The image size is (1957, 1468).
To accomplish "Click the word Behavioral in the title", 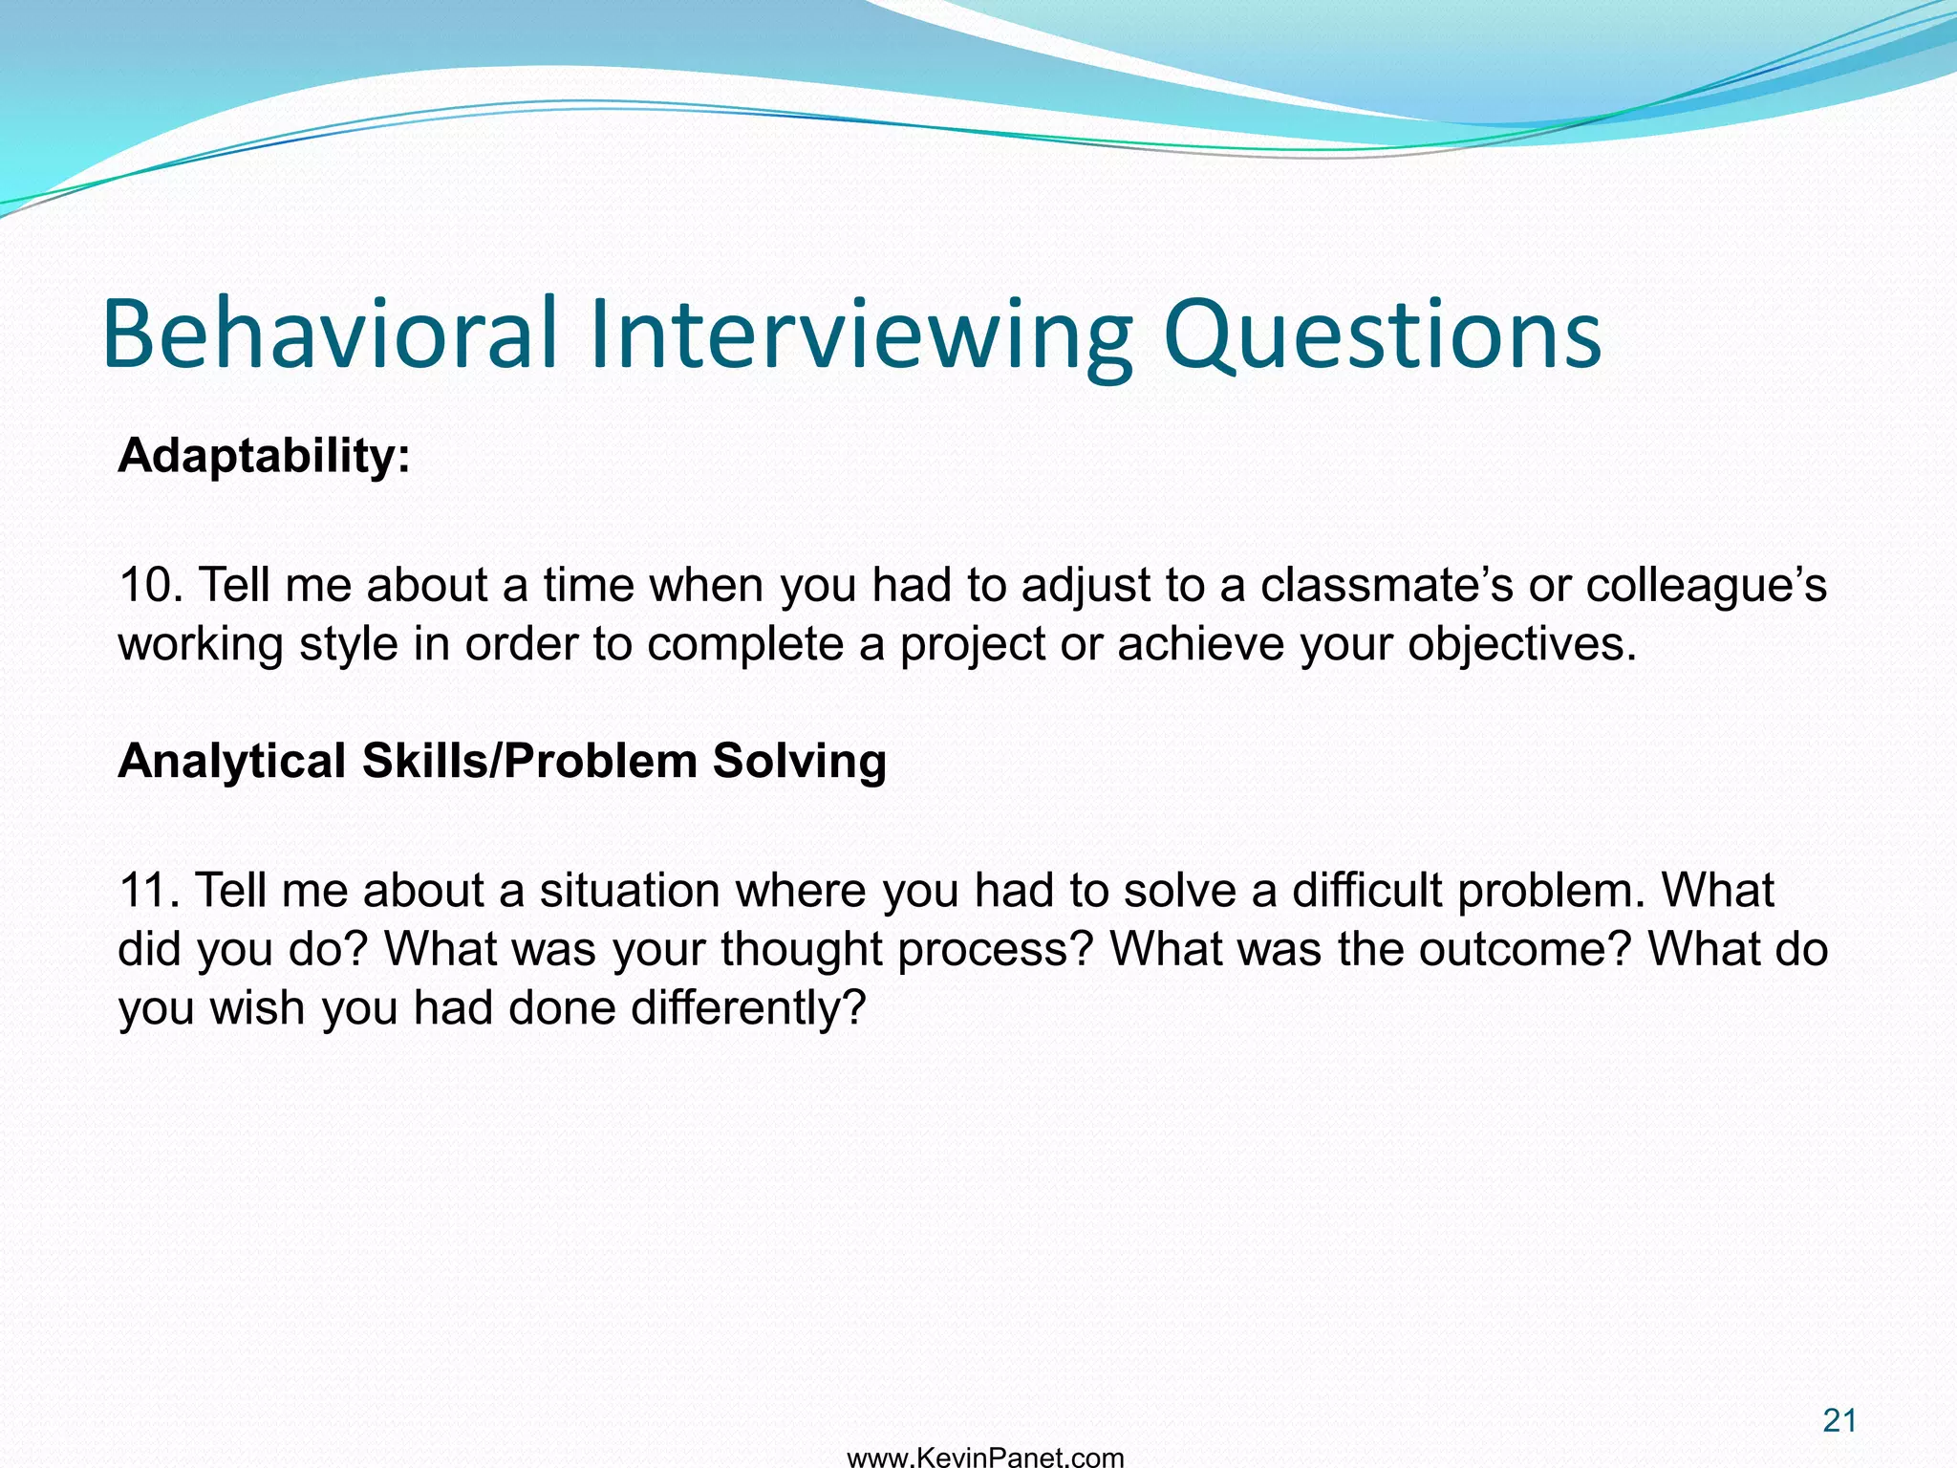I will pyautogui.click(x=330, y=335).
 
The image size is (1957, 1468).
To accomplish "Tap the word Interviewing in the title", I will pyautogui.click(x=860, y=335).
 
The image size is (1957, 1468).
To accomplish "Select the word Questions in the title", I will pyautogui.click(x=1382, y=335).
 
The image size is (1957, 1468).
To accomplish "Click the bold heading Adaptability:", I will pyautogui.click(x=264, y=456).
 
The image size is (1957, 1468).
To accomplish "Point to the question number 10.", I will pyautogui.click(x=149, y=585).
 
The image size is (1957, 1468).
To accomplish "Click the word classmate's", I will pyautogui.click(x=1386, y=585).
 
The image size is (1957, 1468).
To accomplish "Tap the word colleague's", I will pyautogui.click(x=1706, y=585).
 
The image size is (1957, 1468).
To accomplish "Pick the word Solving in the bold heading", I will pyautogui.click(x=799, y=762).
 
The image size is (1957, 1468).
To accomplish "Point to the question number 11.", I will pyautogui.click(x=148, y=891).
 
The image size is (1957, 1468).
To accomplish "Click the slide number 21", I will pyautogui.click(x=1839, y=1421).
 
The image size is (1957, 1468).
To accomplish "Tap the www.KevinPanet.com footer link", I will pyautogui.click(x=985, y=1457).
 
